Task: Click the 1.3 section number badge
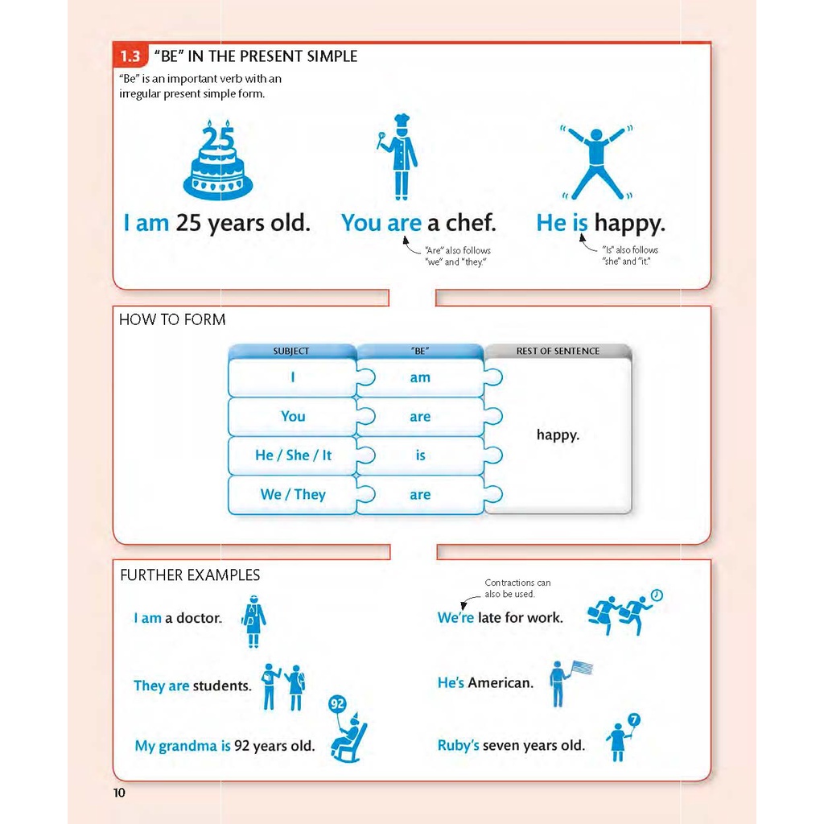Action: tap(130, 56)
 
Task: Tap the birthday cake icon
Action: tap(217, 161)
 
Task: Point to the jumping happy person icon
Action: tap(595, 161)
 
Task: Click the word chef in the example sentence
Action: tap(471, 223)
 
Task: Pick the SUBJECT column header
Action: tap(291, 351)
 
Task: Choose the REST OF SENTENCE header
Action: tap(558, 351)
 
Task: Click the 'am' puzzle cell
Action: tap(420, 377)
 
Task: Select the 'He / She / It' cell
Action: tap(293, 455)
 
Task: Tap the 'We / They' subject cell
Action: tap(293, 494)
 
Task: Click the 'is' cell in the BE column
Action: tap(420, 455)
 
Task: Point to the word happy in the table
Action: tap(558, 435)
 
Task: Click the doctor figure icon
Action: tap(254, 621)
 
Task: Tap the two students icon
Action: tap(283, 686)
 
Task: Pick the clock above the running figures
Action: tap(657, 595)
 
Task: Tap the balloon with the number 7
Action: tap(634, 719)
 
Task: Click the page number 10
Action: tap(119, 793)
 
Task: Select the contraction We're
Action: tap(455, 618)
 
